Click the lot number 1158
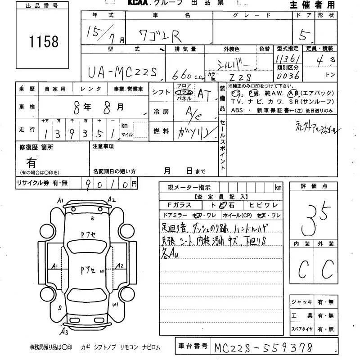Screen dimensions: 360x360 (x=44, y=42)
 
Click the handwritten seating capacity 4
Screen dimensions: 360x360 (x=319, y=61)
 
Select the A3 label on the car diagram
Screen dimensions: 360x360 (x=65, y=333)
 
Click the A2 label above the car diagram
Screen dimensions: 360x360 (x=112, y=200)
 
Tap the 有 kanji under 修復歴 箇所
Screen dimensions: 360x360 (x=32, y=162)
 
